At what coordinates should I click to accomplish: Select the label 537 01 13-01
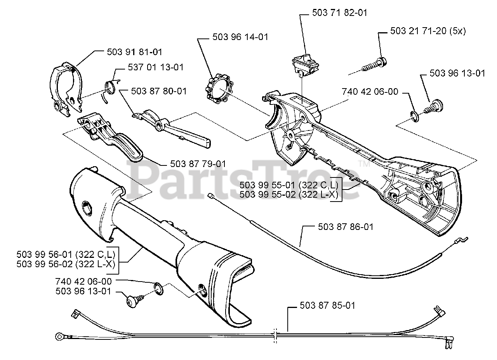point(156,67)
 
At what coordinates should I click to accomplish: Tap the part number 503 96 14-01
point(240,37)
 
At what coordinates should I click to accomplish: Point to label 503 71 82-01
point(340,13)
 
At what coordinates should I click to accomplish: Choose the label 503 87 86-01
point(346,226)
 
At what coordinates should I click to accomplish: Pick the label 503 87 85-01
point(327,306)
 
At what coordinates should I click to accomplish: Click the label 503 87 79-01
point(198,164)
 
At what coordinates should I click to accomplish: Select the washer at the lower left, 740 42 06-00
point(159,288)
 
